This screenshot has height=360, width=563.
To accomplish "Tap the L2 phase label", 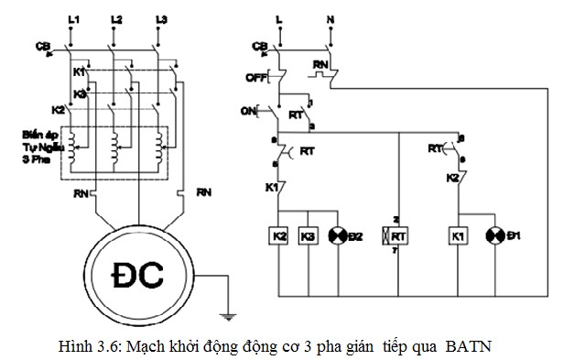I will [x=115, y=19].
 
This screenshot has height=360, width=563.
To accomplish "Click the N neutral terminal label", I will [x=330, y=19].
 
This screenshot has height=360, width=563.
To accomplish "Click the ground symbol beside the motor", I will [x=230, y=317].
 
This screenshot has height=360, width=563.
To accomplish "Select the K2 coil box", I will [x=279, y=237].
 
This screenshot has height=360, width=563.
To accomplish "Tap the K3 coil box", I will [x=309, y=237].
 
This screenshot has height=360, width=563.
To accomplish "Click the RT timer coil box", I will [x=399, y=237].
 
